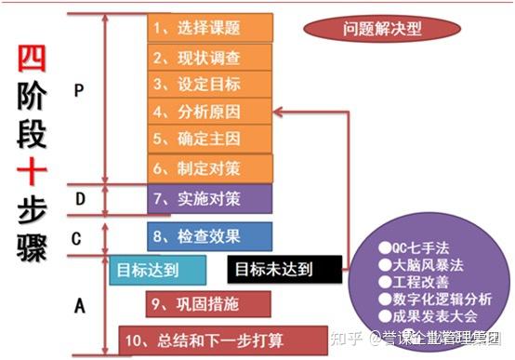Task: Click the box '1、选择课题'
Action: (210, 28)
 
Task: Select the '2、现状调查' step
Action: (210, 57)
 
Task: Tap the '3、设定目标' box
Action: (210, 85)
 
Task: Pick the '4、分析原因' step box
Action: (210, 113)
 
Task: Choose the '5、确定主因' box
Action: (210, 140)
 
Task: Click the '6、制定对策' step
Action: (210, 168)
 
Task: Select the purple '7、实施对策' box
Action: (210, 198)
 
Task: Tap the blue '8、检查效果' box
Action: (210, 236)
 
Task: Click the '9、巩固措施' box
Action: (210, 303)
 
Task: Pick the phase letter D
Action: (80, 198)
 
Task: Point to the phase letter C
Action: (77, 238)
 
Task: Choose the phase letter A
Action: (79, 302)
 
